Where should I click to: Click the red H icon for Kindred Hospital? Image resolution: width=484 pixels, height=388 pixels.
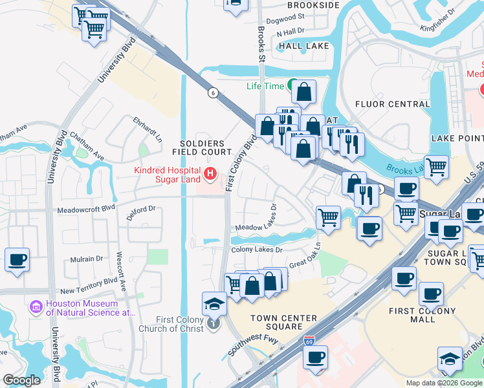(210, 173)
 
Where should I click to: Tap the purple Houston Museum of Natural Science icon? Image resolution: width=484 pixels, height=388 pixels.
(36, 306)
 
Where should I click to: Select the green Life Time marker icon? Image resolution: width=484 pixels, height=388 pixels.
(293, 85)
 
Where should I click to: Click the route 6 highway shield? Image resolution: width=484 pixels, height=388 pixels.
(212, 92)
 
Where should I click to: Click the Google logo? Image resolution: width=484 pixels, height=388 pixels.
(23, 380)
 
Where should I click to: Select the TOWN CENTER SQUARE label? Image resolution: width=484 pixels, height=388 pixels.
(283, 322)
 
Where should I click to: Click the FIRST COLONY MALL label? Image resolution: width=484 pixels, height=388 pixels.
(420, 315)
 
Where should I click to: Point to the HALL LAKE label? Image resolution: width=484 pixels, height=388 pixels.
(303, 47)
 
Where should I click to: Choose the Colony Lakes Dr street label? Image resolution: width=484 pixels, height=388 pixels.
(257, 250)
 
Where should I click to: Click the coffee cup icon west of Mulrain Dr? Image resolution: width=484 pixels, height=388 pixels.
(17, 261)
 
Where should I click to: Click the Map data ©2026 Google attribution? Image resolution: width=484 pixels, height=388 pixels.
(443, 383)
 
